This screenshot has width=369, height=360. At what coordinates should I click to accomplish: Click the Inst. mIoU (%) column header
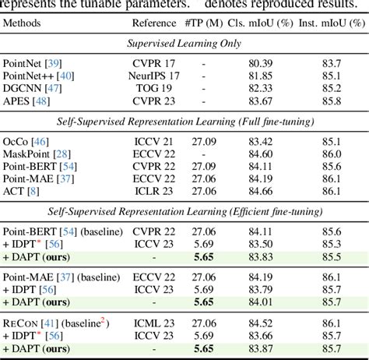point(331,24)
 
